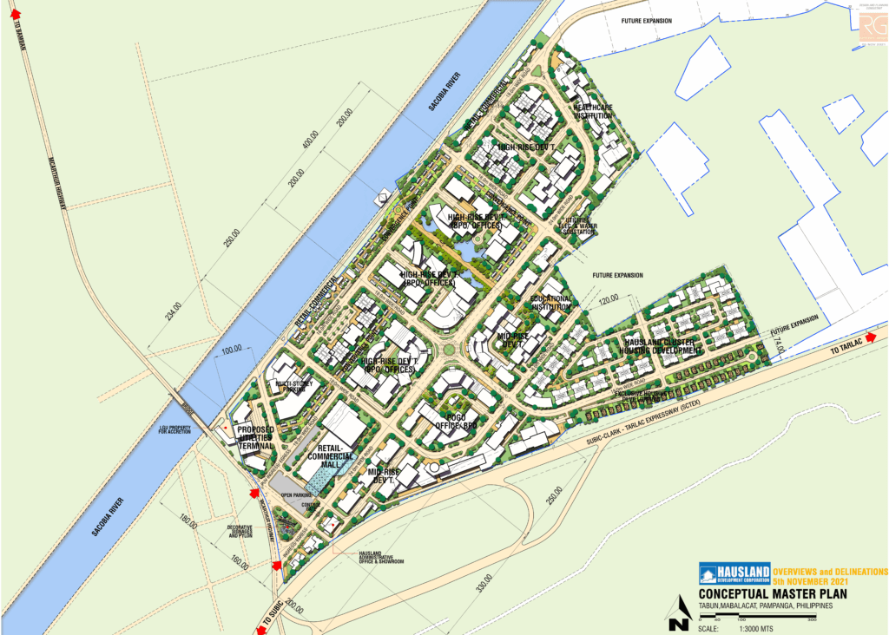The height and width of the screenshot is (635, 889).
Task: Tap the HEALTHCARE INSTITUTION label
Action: pos(593,111)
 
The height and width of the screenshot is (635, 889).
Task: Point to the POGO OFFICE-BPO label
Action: pos(457,421)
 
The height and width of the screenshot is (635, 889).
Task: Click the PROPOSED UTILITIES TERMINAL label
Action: pos(255,438)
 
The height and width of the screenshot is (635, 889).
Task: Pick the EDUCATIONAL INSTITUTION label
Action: pos(552,303)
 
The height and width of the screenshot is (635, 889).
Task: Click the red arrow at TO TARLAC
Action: pos(879,333)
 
